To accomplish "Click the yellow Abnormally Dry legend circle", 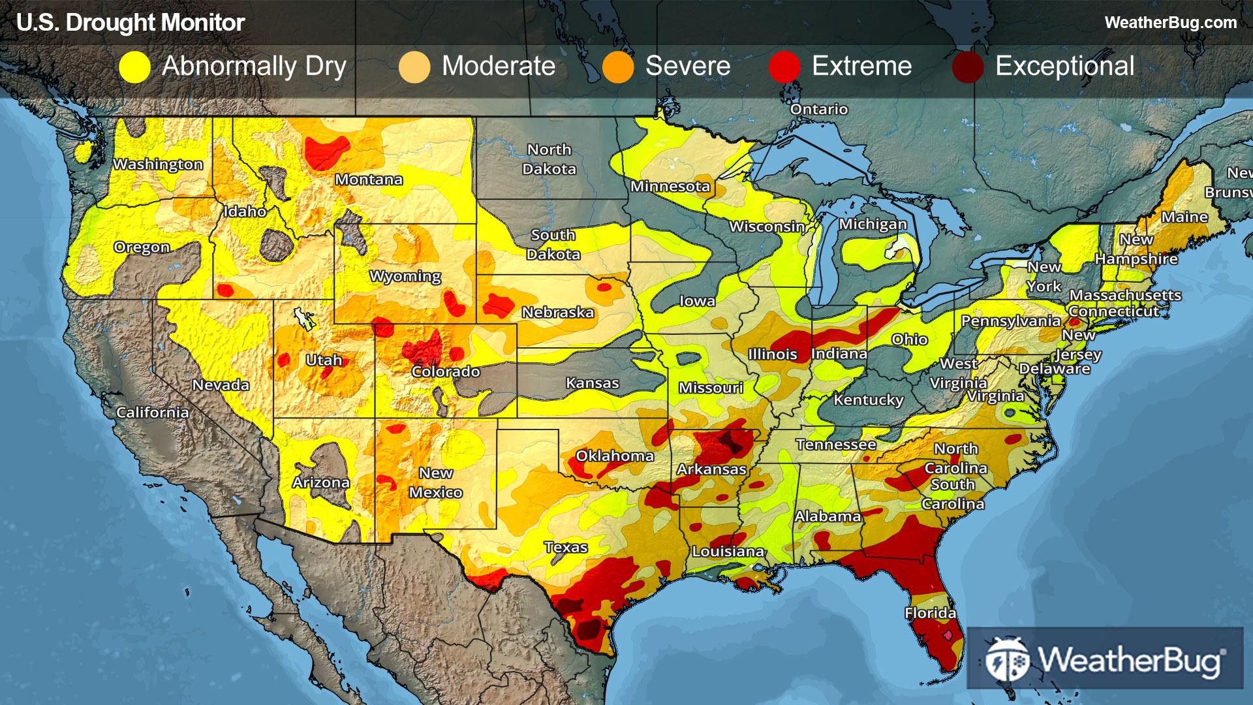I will point(135,67).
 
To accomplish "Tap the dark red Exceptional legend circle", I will point(968,67).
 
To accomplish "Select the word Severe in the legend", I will point(688,66).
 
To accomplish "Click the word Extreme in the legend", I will point(861,66).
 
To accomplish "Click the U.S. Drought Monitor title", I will point(131,23).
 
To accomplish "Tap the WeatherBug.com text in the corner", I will point(1170,23).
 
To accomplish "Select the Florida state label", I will point(930,613).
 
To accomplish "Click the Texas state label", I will point(566,547).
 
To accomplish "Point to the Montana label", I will point(369,180).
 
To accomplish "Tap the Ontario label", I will point(818,109).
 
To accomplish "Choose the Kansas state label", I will point(592,383).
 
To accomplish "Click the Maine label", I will point(1184,217).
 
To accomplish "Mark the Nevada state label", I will point(221,385).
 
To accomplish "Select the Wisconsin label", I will point(767,227).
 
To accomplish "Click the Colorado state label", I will point(446,371).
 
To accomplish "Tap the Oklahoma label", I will point(615,456).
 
